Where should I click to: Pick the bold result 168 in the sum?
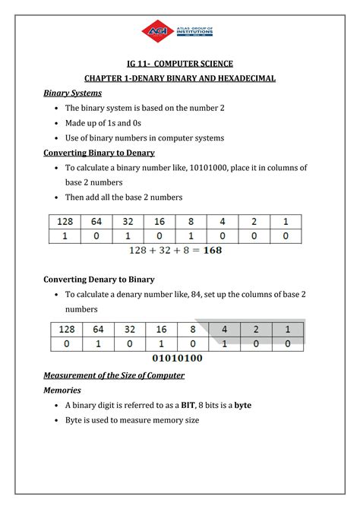(210, 250)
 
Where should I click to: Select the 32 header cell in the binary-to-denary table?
(129, 222)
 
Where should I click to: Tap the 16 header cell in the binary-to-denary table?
(161, 222)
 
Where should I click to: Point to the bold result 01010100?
(178, 357)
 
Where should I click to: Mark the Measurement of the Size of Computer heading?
(114, 375)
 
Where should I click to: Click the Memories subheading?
(62, 390)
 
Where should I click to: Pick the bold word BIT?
(188, 405)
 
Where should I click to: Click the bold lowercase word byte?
(243, 405)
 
